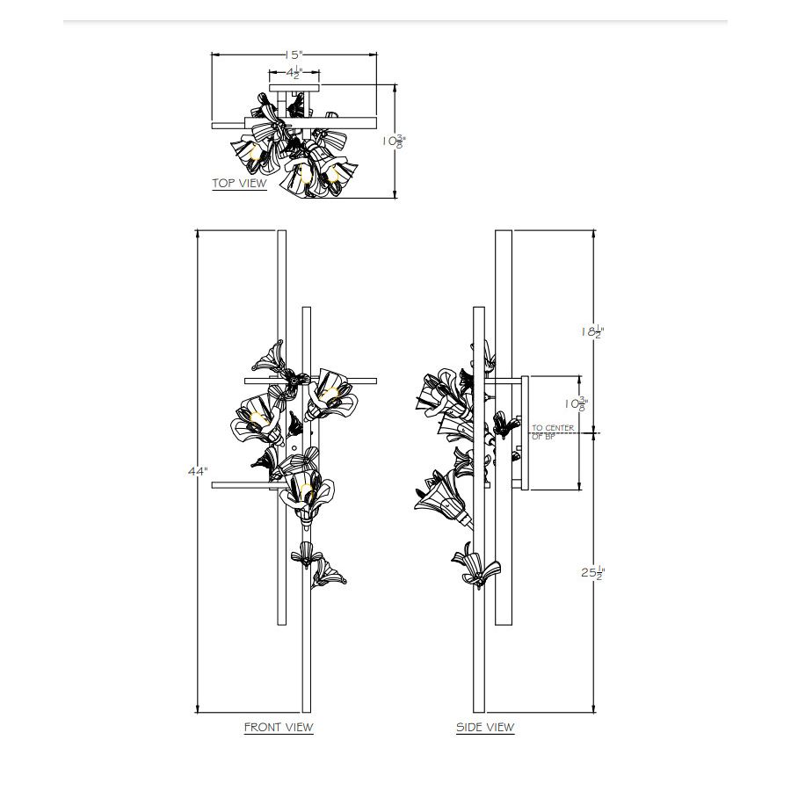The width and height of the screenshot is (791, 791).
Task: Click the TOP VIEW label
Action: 239,184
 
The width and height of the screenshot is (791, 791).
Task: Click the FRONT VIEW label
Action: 278,727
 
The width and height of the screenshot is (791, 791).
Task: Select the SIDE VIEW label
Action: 485,727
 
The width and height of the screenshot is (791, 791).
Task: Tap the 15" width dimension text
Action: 293,55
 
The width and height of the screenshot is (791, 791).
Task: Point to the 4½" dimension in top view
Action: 293,75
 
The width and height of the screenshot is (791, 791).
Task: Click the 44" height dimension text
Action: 198,471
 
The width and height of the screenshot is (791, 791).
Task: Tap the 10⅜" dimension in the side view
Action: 577,403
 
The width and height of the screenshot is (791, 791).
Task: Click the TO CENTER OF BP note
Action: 552,432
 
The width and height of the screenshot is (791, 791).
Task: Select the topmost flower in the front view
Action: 269,355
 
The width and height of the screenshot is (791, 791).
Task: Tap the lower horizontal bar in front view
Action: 246,483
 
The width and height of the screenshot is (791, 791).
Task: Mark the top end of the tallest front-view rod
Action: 281,233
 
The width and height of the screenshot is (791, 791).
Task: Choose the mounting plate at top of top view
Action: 294,87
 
